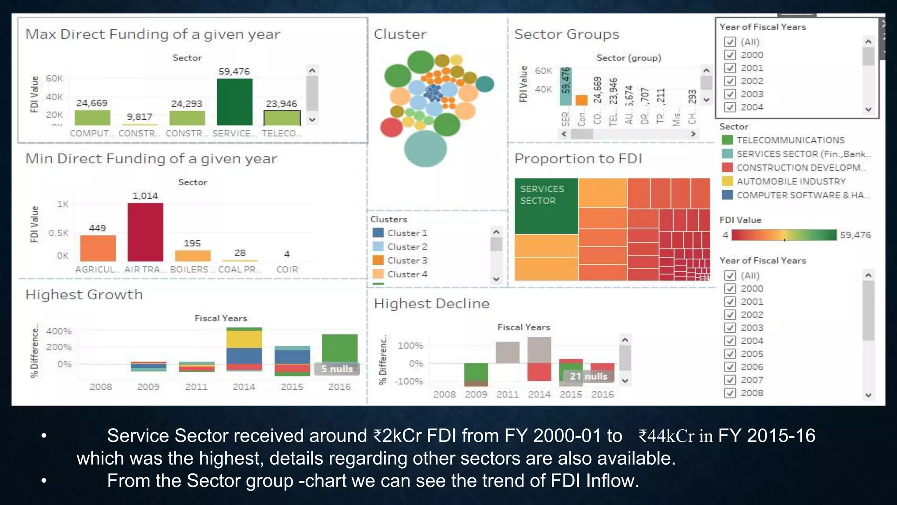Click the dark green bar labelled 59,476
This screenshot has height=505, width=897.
point(234,102)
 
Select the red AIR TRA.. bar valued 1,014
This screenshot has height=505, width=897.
point(145,232)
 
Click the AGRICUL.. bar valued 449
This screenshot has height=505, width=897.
point(98,248)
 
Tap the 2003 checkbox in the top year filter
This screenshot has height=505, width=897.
point(730,94)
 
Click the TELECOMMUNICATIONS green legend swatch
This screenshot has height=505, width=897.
point(727,140)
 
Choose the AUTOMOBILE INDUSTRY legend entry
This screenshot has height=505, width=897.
point(791,181)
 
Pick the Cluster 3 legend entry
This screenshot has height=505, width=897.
point(407,260)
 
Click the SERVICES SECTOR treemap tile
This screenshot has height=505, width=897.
point(546,206)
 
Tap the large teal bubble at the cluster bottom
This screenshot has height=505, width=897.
point(425,149)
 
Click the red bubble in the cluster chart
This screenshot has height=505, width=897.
point(391,128)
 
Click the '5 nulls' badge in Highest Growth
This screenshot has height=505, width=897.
point(336,369)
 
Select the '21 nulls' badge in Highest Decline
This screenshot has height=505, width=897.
point(588,376)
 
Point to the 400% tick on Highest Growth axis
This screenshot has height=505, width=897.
point(59,331)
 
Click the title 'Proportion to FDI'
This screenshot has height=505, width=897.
point(578,158)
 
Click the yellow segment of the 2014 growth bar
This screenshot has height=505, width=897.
point(244,339)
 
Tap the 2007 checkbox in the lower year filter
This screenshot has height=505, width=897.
point(730,380)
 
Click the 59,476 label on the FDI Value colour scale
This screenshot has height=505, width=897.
point(855,235)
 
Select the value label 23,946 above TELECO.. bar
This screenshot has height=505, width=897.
point(281,104)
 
